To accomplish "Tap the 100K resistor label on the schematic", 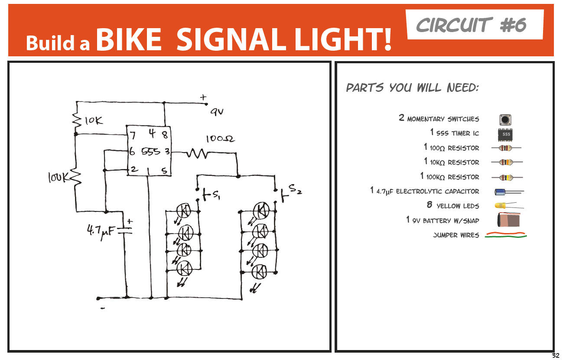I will pos(58,177).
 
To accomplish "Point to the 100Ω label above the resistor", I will pos(220,139).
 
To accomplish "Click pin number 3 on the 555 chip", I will pos(166,152).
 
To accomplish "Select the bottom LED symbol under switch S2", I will pos(260,272).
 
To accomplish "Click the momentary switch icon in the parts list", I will pos(505,120).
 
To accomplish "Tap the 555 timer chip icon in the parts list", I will pos(506,134).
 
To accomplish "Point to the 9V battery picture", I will pos(508,220).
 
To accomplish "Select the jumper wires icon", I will pos(506,235).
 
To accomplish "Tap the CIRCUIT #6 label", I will pos(471,25).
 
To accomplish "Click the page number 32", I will pos(555,356).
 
